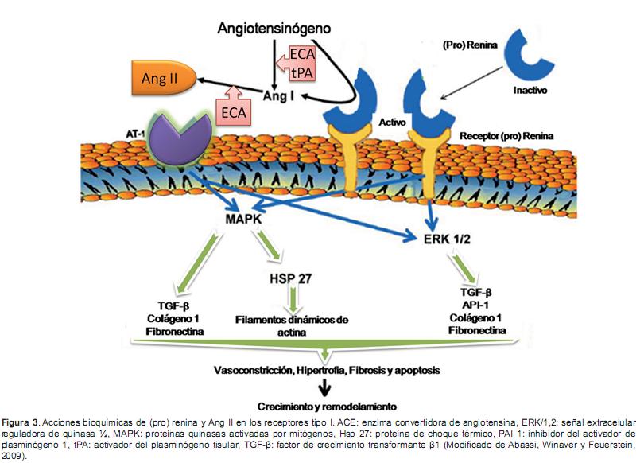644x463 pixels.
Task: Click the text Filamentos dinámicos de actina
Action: [x=293, y=326]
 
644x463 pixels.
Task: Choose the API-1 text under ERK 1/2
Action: [x=475, y=304]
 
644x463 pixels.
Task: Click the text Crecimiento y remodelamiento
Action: [x=325, y=405]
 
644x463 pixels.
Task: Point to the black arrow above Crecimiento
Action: [x=324, y=387]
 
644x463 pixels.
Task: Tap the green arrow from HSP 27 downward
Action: [x=294, y=300]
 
